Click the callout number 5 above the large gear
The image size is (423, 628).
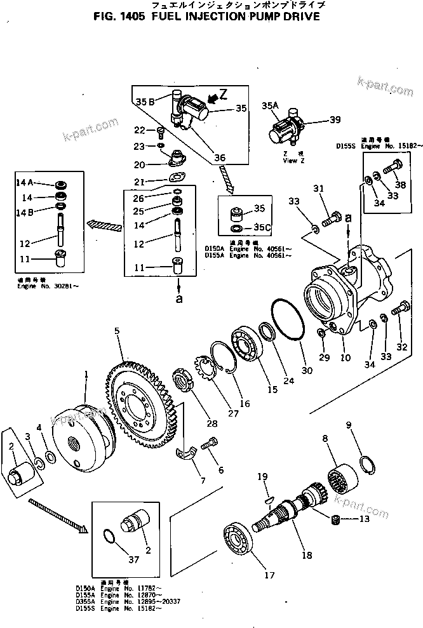pyautogui.click(x=117, y=331)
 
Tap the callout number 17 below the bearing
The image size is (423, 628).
pyautogui.click(x=269, y=575)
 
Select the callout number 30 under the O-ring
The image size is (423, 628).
pyautogui.click(x=307, y=370)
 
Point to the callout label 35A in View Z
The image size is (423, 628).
pyautogui.click(x=271, y=105)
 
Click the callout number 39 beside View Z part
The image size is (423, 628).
pyautogui.click(x=335, y=119)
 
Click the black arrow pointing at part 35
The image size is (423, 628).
pyautogui.click(x=218, y=97)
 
